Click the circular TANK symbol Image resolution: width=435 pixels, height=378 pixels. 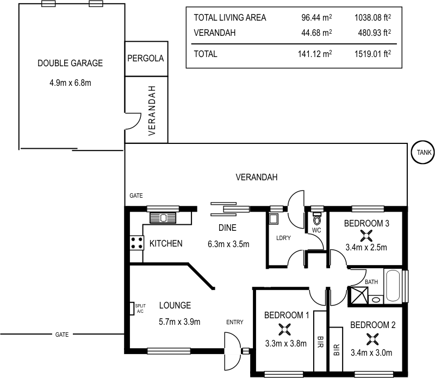click(422, 153)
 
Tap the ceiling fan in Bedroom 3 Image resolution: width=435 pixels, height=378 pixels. click(366, 235)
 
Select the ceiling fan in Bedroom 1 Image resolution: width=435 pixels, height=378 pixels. click(283, 329)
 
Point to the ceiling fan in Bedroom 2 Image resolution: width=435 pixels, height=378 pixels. click(372, 339)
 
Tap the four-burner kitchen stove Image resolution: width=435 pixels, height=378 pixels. click(136, 243)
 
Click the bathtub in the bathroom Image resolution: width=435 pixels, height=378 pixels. click(393, 285)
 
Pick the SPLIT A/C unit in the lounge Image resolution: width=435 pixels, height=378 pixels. click(132, 308)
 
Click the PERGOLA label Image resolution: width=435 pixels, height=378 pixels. click(145, 58)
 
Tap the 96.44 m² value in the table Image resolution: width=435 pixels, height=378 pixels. click(316, 17)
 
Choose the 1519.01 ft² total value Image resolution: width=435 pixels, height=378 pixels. click(372, 54)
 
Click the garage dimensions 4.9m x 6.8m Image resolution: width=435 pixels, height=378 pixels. click(70, 83)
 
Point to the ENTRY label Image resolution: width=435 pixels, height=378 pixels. click(234, 322)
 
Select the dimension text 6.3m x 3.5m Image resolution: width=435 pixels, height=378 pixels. click(228, 244)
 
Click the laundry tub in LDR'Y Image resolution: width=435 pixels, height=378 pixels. click(274, 219)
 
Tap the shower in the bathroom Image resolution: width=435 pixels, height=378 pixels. click(358, 295)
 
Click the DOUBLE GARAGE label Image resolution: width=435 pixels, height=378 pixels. click(70, 63)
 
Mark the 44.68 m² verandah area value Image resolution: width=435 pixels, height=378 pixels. click(316, 33)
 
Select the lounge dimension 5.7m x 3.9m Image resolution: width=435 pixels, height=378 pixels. click(179, 322)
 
